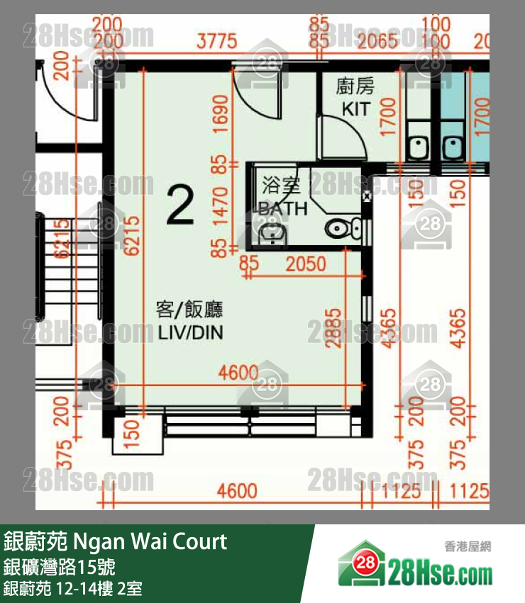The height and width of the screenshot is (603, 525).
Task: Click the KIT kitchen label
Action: point(355,109)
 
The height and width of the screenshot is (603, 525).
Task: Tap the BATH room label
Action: point(283,208)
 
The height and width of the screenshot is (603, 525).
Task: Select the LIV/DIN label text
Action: point(189,332)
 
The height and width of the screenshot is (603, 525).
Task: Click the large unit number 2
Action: point(179,204)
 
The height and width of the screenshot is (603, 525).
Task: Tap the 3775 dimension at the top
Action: point(216,42)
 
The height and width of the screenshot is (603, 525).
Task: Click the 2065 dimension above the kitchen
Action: point(377,42)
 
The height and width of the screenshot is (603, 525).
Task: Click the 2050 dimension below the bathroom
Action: point(306,265)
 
